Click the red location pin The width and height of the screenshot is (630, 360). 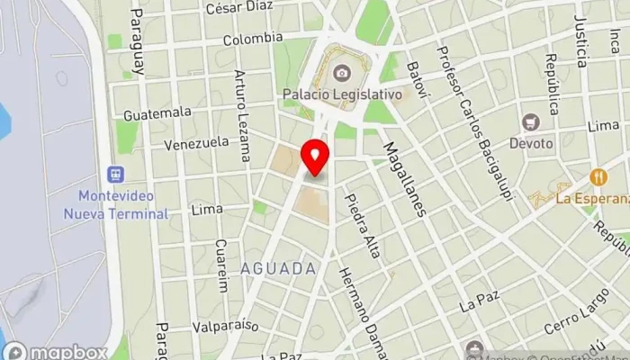(316, 157)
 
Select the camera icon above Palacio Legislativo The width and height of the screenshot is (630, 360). (342, 72)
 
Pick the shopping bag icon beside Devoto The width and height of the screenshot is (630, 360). (532, 121)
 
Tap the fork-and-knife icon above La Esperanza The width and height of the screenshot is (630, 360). (596, 176)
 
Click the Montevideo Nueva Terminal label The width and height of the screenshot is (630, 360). (116, 204)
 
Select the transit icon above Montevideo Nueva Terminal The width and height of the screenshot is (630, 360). (115, 174)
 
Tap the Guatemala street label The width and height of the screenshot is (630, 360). (157, 112)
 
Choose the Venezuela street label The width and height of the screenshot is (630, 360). (196, 143)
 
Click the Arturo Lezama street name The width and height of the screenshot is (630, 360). (241, 114)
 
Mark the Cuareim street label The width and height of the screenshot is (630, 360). (221, 265)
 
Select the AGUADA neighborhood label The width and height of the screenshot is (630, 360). (279, 268)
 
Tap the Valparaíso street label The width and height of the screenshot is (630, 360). (225, 326)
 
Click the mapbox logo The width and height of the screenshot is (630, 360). (56, 351)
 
